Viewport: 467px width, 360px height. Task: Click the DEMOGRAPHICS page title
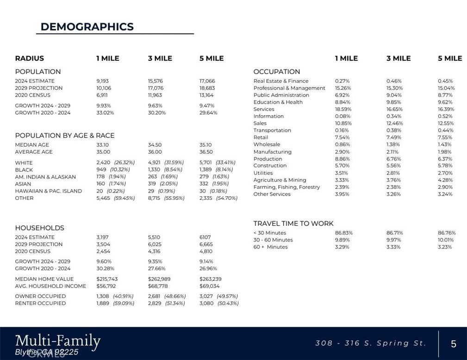87,27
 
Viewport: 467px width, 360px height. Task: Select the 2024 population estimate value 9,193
103,81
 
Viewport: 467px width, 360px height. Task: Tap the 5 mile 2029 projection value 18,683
207,88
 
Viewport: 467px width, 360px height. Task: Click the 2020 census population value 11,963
155,95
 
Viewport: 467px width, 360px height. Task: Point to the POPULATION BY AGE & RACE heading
65,136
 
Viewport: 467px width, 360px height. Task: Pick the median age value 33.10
102,145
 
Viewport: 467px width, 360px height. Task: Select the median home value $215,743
107,279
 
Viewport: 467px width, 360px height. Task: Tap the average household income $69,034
210,286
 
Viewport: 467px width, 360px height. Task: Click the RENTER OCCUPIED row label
40,304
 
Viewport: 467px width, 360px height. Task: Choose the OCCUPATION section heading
277,72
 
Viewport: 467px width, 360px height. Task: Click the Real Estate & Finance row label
281,81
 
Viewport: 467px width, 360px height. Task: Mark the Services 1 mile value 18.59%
343,109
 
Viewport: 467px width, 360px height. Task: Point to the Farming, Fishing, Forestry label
286,187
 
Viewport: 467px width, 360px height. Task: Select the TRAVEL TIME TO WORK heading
293,223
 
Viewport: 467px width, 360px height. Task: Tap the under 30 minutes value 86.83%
343,233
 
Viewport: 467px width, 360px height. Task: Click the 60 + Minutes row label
270,247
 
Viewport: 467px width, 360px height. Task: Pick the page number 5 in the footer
454,344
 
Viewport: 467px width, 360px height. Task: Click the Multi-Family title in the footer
58,341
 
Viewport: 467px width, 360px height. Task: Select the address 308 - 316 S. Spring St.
371,343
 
